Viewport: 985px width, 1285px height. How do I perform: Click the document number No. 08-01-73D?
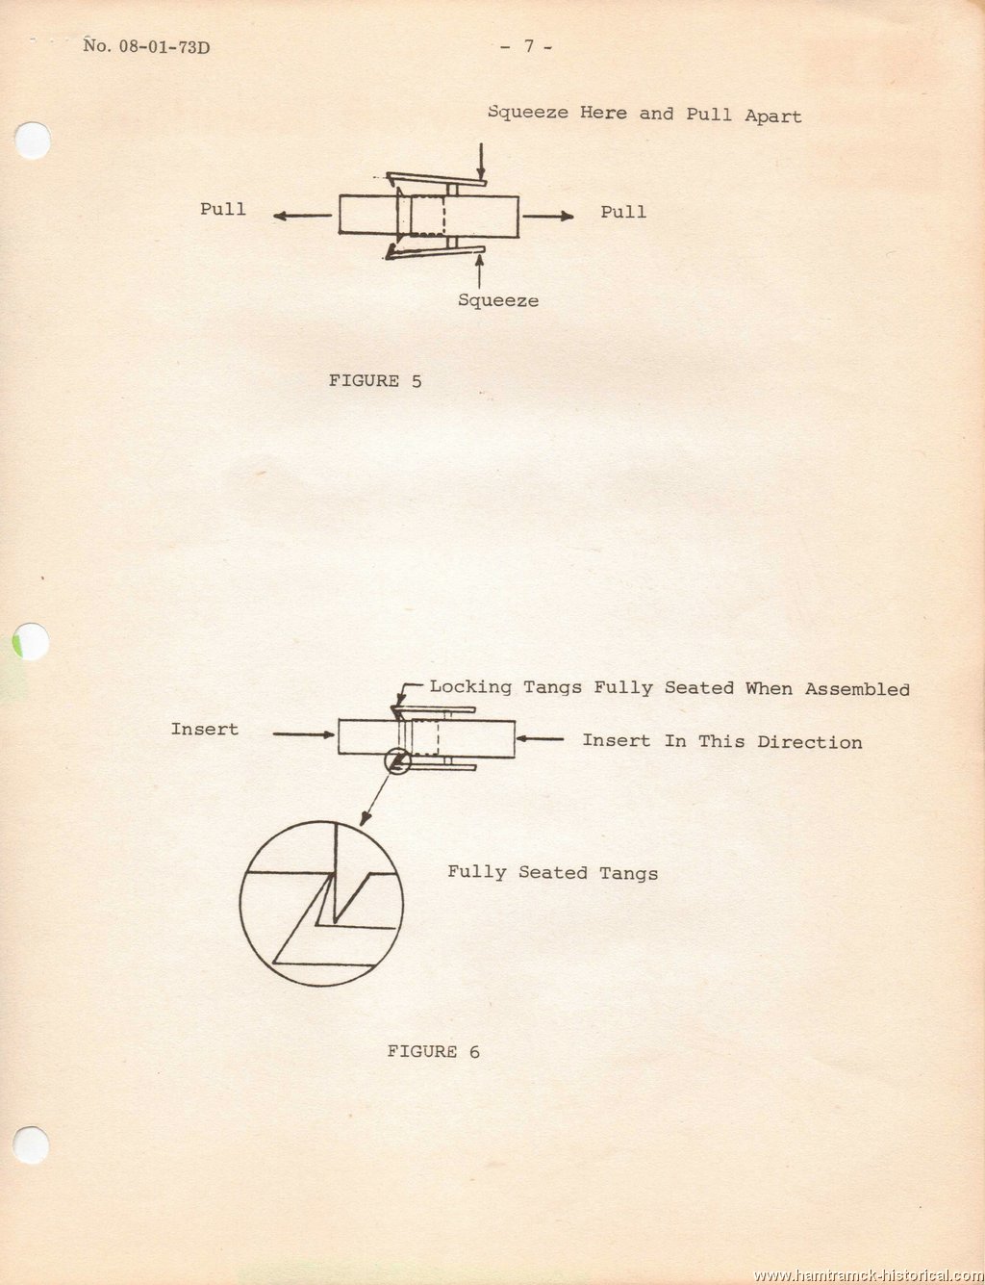pyautogui.click(x=146, y=45)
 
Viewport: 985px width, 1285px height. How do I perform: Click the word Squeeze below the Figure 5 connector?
pyautogui.click(x=498, y=300)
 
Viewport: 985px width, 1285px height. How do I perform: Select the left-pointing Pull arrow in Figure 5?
pyautogui.click(x=302, y=216)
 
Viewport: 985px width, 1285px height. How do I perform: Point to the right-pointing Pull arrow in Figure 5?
pyautogui.click(x=548, y=216)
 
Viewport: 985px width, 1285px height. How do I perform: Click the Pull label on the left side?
pyautogui.click(x=223, y=209)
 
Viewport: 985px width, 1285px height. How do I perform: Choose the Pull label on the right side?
pyautogui.click(x=623, y=212)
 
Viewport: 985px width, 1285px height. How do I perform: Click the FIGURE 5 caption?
pyautogui.click(x=375, y=381)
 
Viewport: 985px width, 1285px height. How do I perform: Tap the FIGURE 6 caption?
pyautogui.click(x=434, y=1051)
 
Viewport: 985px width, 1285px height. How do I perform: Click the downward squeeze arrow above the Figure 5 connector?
pyautogui.click(x=482, y=161)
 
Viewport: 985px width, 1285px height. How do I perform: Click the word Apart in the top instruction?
pyautogui.click(x=772, y=116)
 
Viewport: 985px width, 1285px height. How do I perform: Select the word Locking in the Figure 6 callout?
pyautogui.click(x=470, y=686)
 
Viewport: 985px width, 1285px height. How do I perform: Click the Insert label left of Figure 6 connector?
pyautogui.click(x=205, y=730)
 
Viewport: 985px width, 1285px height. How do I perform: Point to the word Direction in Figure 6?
pyautogui.click(x=810, y=742)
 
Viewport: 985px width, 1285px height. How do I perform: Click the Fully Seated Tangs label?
pyautogui.click(x=552, y=873)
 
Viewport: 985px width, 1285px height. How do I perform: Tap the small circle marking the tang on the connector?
pyautogui.click(x=397, y=760)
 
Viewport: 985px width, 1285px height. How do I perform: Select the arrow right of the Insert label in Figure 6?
pyautogui.click(x=304, y=734)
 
